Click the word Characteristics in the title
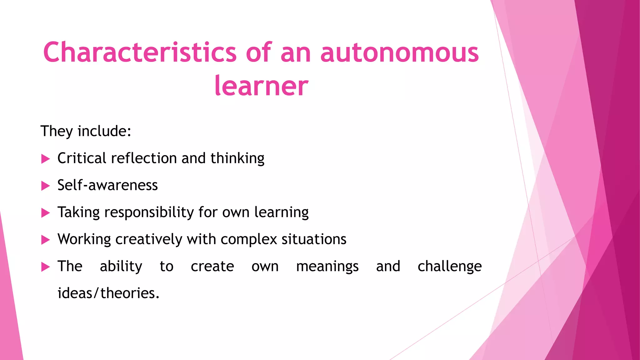point(140,52)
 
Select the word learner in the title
point(261,86)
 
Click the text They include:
point(86,131)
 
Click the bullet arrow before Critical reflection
point(46,159)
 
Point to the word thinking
point(237,158)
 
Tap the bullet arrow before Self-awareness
point(46,186)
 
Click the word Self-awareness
point(107,185)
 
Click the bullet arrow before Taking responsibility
point(46,213)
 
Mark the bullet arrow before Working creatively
point(46,240)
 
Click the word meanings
point(327,267)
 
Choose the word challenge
point(449,267)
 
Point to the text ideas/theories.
point(108,293)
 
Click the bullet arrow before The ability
point(46,267)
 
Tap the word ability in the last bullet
point(121,267)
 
